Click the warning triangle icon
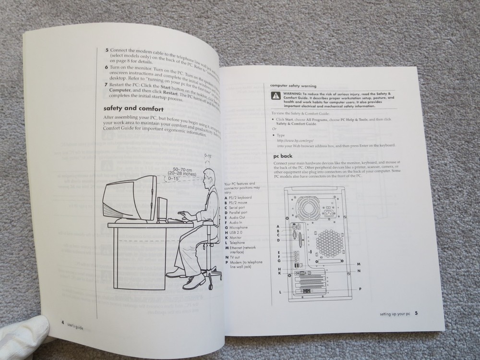coord(275,95)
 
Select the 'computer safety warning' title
coord(293,85)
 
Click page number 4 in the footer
coord(63,322)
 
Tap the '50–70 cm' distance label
coord(183,169)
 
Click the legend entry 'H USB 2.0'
coord(236,232)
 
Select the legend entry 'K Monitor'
coord(235,238)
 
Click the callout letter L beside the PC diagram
coord(279,292)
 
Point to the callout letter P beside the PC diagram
coord(360,289)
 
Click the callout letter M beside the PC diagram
coord(359,264)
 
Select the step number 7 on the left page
coord(106,84)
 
